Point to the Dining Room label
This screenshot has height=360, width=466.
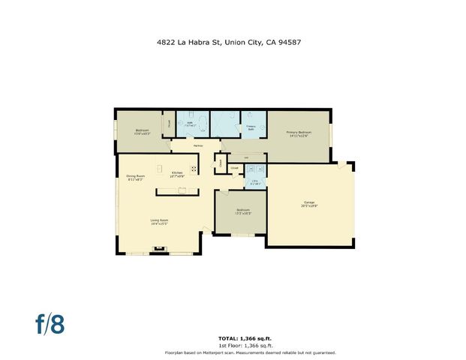point(135,178)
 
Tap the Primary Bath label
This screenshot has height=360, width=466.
point(251,127)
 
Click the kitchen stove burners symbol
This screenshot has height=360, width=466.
point(194,168)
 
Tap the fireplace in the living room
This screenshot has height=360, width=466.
point(158,247)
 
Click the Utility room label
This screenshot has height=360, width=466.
point(254,182)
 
